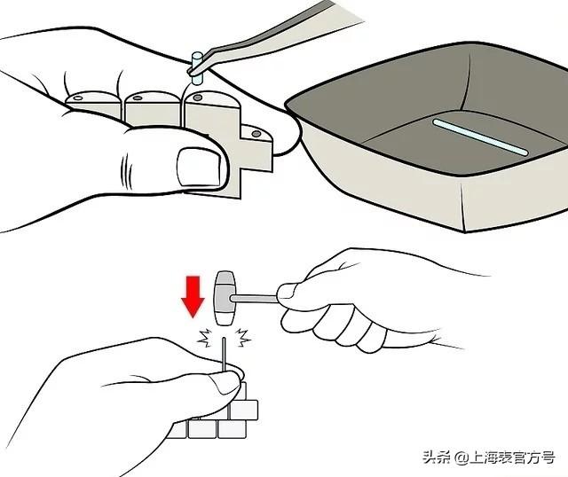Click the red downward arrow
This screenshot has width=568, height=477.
point(193,296)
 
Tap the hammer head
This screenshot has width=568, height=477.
point(225,298)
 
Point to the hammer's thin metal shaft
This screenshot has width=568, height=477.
point(255,299)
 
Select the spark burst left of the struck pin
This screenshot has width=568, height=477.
point(205,338)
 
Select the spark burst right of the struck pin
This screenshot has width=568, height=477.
point(242,337)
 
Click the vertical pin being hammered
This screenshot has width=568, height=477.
point(225,355)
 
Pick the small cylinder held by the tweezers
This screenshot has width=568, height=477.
point(197,68)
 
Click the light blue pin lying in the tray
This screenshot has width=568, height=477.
point(480,137)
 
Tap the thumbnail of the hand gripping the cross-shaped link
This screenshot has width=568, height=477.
point(199,167)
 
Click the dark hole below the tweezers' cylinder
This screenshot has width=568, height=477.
point(197,98)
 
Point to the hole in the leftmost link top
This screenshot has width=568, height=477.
point(78,98)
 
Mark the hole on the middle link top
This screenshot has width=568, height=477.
point(138,98)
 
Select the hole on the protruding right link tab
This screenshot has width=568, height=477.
point(256,134)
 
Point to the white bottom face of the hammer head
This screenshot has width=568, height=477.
point(225,319)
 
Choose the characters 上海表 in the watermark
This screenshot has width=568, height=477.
point(491,457)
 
